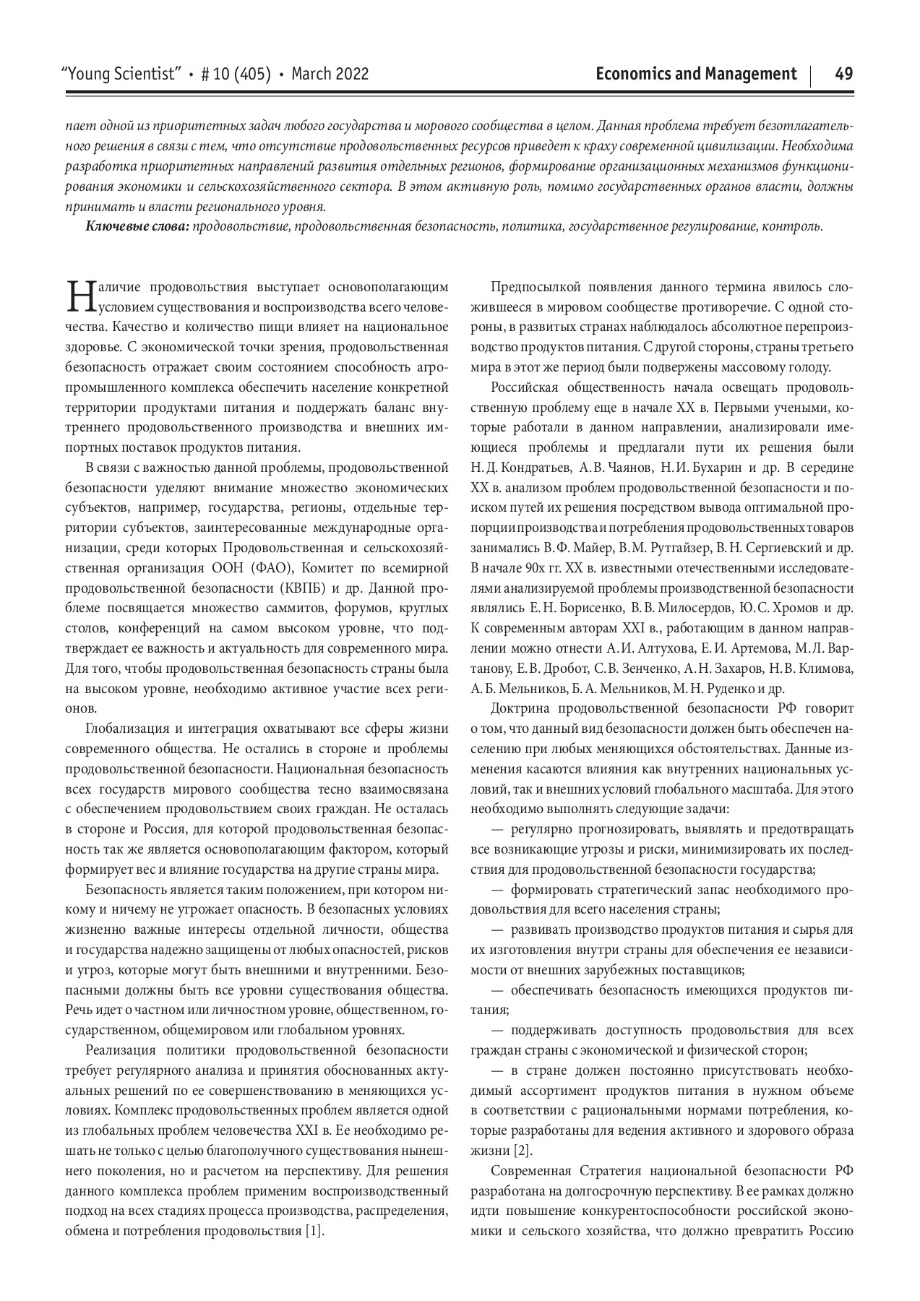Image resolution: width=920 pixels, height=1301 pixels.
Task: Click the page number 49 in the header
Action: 843,74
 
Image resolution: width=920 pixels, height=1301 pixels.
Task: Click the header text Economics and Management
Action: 697,74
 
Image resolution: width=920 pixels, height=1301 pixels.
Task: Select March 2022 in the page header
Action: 330,74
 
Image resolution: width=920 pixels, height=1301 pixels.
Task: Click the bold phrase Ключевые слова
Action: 137,227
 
